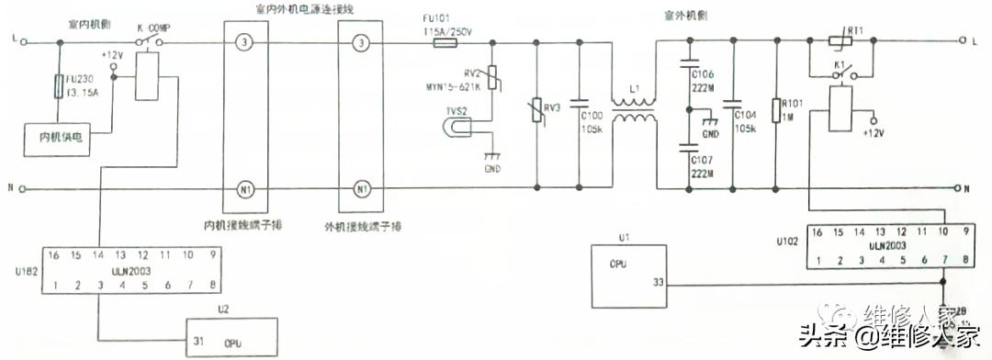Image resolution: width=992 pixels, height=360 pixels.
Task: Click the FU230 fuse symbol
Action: (58, 88)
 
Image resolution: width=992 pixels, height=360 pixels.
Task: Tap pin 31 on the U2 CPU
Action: (198, 341)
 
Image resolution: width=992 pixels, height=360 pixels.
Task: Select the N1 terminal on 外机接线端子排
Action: (361, 189)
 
